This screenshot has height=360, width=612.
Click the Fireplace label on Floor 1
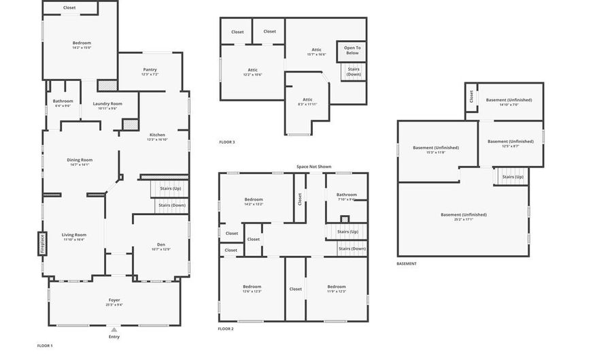[x=41, y=243]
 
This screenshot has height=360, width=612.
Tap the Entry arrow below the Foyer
[x=114, y=330]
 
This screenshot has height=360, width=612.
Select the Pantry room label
[x=150, y=69]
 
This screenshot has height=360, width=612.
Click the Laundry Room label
[x=107, y=103]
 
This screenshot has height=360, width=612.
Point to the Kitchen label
[x=157, y=135]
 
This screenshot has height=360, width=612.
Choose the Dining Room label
[x=80, y=160]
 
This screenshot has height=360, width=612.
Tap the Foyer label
[x=114, y=300]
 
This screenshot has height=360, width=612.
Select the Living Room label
[x=74, y=235]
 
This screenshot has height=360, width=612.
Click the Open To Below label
[x=352, y=50]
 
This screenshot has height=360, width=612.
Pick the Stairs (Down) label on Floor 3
[x=354, y=71]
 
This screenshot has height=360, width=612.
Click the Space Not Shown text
[x=313, y=166]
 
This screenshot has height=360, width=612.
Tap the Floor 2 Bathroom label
[x=346, y=195]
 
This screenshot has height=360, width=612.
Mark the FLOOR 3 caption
[x=227, y=142]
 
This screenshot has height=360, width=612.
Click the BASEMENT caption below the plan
[x=407, y=263]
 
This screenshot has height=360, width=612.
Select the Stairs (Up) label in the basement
[x=513, y=177]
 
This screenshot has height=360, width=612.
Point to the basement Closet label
[x=471, y=97]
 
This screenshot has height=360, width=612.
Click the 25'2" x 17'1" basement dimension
[x=463, y=219]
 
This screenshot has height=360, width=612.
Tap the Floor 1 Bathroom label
[x=63, y=101]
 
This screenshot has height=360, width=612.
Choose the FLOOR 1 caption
[x=45, y=346]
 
